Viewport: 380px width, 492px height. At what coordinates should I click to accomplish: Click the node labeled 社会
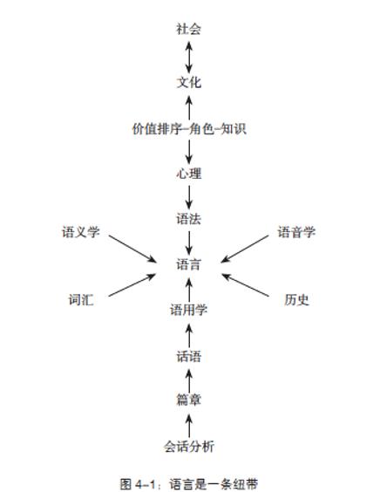click(x=188, y=29)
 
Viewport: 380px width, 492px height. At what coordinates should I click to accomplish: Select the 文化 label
click(x=188, y=83)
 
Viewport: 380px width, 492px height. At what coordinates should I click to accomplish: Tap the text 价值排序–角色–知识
click(x=189, y=128)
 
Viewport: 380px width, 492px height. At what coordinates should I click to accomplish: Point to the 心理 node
click(x=188, y=174)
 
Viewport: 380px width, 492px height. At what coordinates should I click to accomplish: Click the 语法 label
click(x=188, y=219)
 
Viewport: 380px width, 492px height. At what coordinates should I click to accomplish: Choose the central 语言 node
click(x=188, y=264)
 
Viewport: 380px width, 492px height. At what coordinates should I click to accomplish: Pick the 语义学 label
click(x=81, y=232)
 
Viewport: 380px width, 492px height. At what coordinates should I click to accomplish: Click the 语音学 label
click(x=296, y=232)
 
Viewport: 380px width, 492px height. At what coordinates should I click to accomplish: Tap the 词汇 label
click(x=81, y=300)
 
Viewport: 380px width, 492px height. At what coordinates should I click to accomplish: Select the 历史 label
click(x=296, y=300)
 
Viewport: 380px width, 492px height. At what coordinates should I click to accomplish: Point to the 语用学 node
click(x=189, y=310)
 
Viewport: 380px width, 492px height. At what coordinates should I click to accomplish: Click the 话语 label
click(x=188, y=357)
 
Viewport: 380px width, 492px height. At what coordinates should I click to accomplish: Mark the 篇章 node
click(x=188, y=400)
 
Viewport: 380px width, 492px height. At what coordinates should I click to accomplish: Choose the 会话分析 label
click(x=189, y=447)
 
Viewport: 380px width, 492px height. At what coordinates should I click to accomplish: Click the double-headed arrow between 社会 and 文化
click(x=189, y=57)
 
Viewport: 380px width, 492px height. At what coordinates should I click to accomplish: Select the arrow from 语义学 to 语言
click(x=132, y=249)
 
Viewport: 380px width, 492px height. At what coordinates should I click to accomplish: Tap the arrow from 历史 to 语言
click(x=245, y=285)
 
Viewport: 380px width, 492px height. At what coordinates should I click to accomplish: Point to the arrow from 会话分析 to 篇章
click(x=189, y=426)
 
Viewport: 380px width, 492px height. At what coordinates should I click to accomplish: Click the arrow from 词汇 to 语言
click(x=132, y=285)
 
